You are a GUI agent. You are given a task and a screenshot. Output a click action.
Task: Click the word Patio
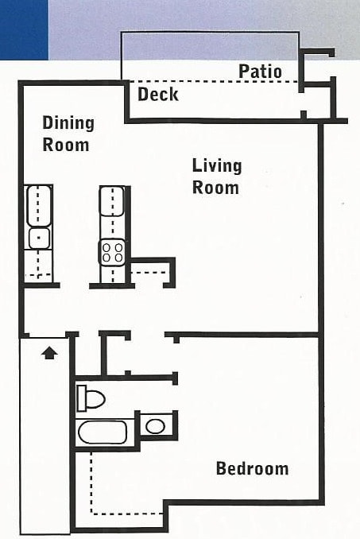260,72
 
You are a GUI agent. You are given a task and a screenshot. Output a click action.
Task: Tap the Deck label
158,94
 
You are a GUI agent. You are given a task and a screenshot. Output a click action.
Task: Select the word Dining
68,123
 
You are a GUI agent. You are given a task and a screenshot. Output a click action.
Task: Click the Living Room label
217,176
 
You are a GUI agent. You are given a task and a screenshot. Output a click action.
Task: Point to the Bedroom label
253,468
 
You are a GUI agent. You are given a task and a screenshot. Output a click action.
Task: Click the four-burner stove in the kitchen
112,253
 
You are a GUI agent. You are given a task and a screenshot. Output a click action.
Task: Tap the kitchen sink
39,238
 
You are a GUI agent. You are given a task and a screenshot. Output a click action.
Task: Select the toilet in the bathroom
91,398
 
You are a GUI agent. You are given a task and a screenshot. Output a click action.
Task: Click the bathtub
103,432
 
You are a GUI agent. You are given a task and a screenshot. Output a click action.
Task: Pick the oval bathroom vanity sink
155,426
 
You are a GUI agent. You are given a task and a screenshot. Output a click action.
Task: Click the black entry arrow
49,353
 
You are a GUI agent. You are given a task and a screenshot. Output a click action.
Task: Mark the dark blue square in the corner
24,30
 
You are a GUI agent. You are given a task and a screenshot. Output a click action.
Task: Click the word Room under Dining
66,145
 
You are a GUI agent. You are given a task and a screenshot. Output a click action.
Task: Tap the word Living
217,166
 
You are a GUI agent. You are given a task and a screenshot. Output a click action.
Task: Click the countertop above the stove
111,201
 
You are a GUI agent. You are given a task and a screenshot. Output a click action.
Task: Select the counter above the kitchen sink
38,206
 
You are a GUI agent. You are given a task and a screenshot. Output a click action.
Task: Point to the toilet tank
81,398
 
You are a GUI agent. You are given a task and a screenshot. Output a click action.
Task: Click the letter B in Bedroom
221,468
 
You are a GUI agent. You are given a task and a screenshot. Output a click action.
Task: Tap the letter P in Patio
243,72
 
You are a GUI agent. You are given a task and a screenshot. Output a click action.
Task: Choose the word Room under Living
215,188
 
